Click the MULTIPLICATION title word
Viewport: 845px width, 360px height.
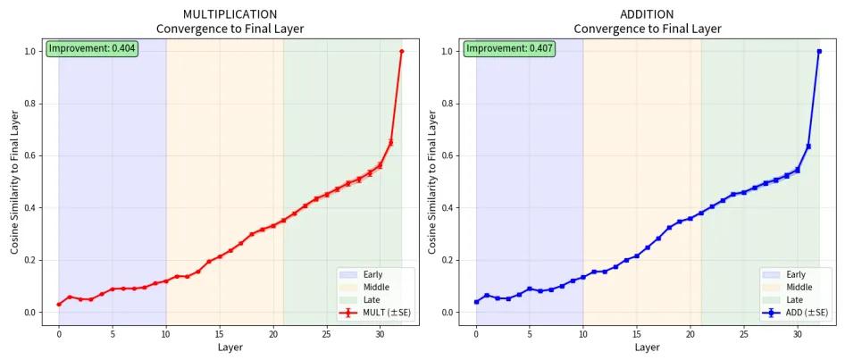(230, 14)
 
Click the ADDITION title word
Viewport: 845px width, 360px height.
(647, 14)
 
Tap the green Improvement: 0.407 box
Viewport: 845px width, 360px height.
(507, 48)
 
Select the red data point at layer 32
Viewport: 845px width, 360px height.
(401, 51)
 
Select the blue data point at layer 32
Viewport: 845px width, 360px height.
(819, 51)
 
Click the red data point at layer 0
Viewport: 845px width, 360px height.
(59, 304)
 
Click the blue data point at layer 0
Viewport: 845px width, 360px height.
(476, 301)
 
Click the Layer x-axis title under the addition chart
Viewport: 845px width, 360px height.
(648, 347)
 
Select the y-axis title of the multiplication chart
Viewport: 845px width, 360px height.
(14, 182)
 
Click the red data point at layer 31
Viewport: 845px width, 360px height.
(390, 142)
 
